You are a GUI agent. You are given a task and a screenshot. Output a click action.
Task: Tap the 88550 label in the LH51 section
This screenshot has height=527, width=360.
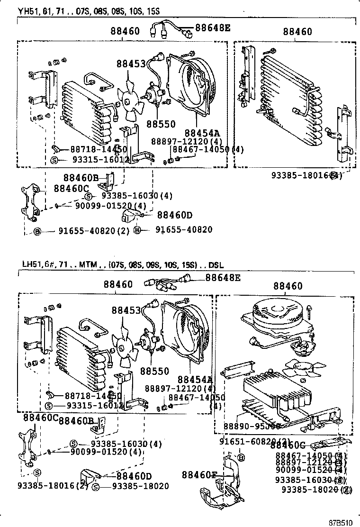pyautogui.click(x=156, y=370)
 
